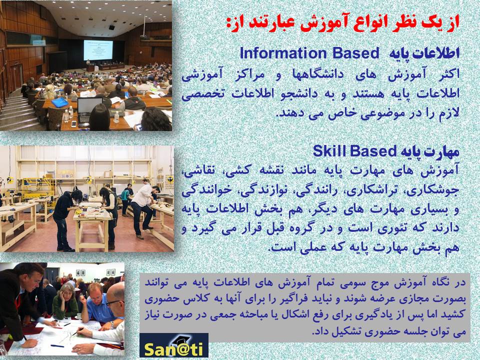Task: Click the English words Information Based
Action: click(309, 53)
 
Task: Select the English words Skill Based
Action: click(355, 151)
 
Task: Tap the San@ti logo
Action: click(174, 345)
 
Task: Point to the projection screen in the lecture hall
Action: click(98, 50)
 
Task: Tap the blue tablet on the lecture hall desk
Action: click(60, 102)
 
